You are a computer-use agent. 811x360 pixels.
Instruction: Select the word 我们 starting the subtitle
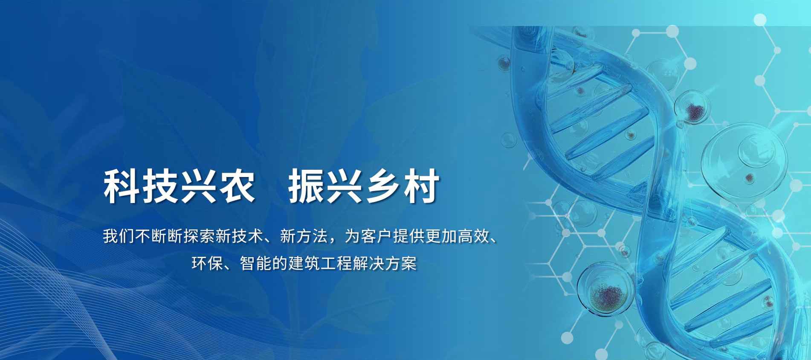point(119,236)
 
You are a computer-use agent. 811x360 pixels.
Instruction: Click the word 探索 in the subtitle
point(199,236)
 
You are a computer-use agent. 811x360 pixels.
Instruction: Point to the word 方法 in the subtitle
point(312,236)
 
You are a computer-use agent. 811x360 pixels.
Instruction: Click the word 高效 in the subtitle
point(473,236)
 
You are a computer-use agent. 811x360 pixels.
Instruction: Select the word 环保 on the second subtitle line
point(207,263)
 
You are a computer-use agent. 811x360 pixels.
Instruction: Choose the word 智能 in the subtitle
point(256,263)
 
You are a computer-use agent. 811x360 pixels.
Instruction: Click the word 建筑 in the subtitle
point(304,263)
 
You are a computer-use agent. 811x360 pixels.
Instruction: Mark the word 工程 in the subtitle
point(336,263)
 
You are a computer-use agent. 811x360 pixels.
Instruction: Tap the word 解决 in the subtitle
point(368,263)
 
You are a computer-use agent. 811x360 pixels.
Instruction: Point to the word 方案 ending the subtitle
point(401,263)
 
